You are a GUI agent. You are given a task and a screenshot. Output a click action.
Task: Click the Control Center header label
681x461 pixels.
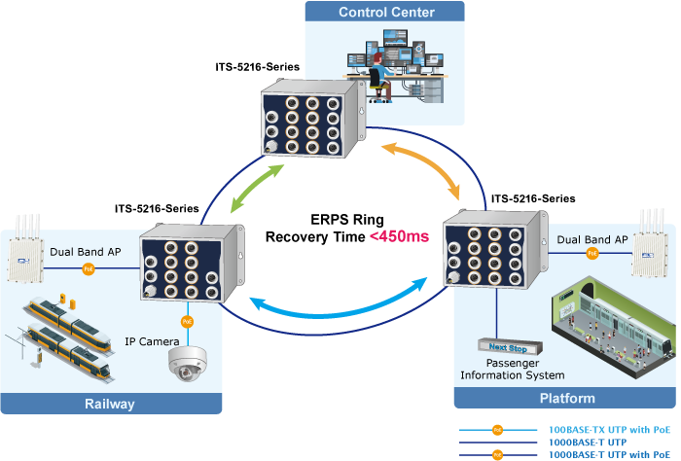point(386,13)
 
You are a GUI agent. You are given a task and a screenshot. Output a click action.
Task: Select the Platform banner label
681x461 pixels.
point(566,399)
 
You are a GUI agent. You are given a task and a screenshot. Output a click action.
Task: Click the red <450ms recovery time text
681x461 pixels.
point(398,237)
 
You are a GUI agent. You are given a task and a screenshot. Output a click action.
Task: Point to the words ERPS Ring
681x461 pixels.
point(333,220)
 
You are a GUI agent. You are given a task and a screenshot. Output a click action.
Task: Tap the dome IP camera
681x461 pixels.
point(187,363)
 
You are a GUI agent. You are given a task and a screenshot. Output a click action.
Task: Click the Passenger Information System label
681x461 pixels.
point(512,369)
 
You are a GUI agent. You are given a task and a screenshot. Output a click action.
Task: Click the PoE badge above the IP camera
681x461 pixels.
point(188,320)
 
